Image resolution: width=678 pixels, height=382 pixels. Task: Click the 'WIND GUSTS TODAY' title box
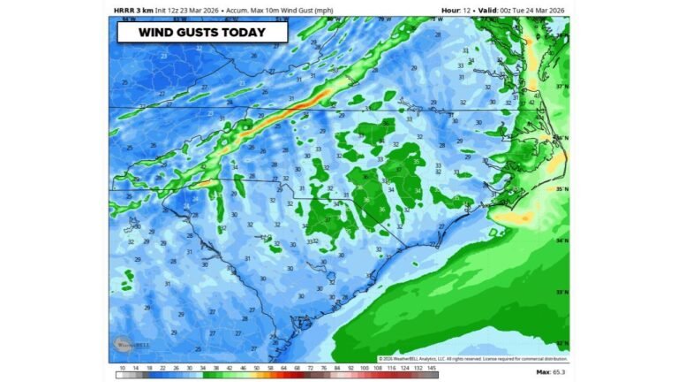203,33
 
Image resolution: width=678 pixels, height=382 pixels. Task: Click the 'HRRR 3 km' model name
133,10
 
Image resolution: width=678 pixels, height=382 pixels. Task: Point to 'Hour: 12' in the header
455,10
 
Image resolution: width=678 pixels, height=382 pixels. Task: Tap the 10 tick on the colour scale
123,367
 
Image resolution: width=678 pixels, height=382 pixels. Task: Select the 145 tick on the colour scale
433,367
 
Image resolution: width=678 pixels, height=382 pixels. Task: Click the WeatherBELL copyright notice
472,358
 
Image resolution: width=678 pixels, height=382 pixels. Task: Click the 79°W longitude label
381,19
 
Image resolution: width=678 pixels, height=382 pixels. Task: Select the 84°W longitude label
130,19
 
